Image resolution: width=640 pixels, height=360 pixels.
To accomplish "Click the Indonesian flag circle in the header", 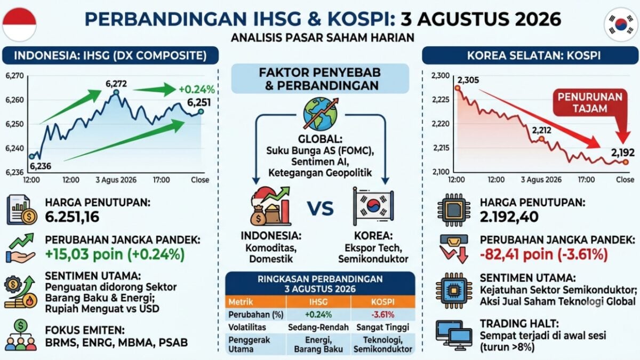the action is click(x=19, y=25).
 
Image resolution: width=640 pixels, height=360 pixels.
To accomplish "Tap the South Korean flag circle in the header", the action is click(x=621, y=25).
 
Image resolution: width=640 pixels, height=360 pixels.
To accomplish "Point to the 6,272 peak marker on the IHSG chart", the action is click(x=116, y=92).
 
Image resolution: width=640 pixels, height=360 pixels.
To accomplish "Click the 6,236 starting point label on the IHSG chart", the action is click(x=41, y=166).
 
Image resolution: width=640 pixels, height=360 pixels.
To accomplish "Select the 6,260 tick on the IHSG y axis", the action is click(x=14, y=100).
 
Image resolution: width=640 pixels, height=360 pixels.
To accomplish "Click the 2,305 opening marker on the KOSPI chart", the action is click(x=458, y=89).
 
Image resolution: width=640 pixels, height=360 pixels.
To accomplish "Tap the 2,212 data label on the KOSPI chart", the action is click(x=542, y=131).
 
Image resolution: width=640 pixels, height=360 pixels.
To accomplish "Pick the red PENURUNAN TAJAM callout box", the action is click(x=590, y=103).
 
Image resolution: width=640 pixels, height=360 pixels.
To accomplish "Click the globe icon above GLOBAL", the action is click(x=321, y=114).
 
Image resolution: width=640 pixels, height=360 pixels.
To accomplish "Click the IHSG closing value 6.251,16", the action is click(x=73, y=217).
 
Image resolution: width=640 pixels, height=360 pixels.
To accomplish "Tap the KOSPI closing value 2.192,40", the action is click(x=509, y=217).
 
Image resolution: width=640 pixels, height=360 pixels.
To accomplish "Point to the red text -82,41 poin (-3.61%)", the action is click(x=543, y=254).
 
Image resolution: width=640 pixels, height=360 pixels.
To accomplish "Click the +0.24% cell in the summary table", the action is click(x=318, y=315).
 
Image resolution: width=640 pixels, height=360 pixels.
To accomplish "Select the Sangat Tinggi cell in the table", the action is click(x=383, y=327).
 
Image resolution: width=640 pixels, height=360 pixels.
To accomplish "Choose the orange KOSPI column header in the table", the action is click(x=383, y=302).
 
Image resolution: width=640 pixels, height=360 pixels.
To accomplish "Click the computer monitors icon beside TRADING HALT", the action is click(x=454, y=335).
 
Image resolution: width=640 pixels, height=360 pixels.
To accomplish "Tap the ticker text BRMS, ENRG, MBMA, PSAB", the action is click(x=117, y=342).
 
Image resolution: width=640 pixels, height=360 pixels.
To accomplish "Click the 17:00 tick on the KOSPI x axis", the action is click(x=586, y=180).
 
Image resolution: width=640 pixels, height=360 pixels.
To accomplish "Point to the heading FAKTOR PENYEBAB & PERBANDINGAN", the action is click(x=320, y=79).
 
